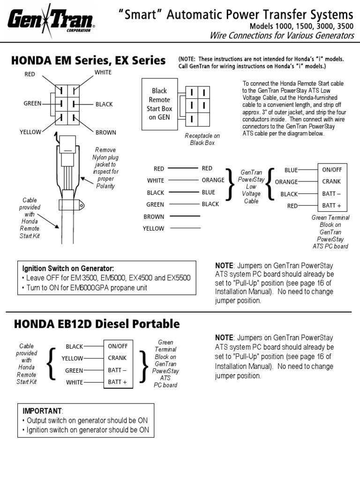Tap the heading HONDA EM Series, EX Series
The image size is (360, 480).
tap(89, 61)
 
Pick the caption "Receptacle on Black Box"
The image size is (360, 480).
tap(202, 139)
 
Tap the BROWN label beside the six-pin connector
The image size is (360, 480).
tap(106, 132)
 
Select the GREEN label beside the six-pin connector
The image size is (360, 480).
tap(32, 104)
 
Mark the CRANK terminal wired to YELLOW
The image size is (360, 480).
tap(118, 358)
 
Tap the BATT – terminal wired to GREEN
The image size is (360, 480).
tap(118, 370)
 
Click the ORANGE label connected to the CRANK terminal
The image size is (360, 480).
tap(286, 182)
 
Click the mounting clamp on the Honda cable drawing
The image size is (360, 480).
tap(71, 204)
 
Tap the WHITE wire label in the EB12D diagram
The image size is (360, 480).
tap(75, 382)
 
